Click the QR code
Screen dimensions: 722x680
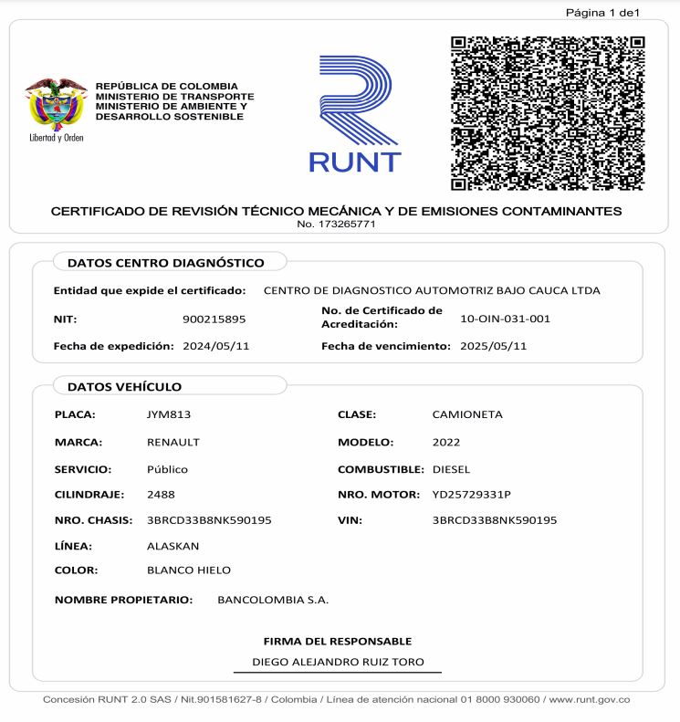[x=548, y=113]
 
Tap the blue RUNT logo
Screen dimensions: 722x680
[x=355, y=114]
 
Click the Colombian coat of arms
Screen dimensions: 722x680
[x=56, y=104]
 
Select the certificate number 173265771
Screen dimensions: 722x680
[x=336, y=225]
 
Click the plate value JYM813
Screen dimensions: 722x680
[x=168, y=414]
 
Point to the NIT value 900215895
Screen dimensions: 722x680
[x=214, y=319]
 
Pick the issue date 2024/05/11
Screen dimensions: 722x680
[x=215, y=347]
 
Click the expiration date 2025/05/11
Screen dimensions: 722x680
[x=493, y=347]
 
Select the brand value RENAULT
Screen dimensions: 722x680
[x=173, y=442]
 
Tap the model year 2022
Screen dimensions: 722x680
[x=446, y=442]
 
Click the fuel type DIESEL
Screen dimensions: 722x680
[x=451, y=469]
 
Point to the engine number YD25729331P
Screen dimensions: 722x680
[x=471, y=495]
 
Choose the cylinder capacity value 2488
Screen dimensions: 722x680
[x=161, y=495]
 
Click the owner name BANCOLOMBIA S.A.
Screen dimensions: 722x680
[x=273, y=600]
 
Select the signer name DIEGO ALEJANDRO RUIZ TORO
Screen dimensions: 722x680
[x=338, y=662]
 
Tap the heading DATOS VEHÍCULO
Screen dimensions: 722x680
[x=124, y=387]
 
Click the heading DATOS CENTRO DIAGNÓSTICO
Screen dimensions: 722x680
[x=165, y=263]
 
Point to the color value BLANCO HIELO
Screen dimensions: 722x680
[x=188, y=570]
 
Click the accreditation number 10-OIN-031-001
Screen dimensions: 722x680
[x=506, y=319]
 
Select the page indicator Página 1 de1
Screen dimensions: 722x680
[x=602, y=13]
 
